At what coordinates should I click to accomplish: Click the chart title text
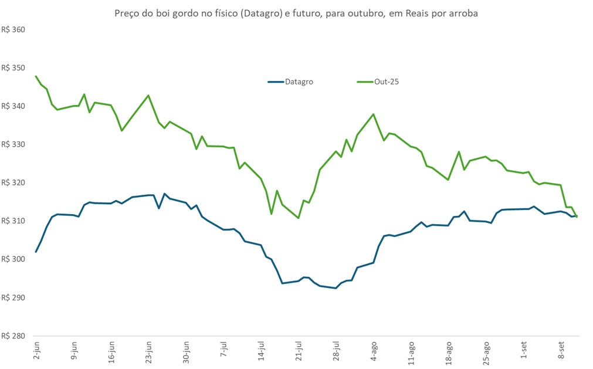[x=296, y=13]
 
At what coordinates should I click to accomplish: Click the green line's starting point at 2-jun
[x=36, y=76]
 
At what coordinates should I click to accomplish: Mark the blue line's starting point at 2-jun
[x=36, y=252]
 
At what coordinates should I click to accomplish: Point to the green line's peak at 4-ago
[x=374, y=114]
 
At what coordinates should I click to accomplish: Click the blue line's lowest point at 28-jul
[x=336, y=288]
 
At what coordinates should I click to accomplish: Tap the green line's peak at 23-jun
[x=148, y=95]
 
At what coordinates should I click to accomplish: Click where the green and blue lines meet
[x=577, y=216]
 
